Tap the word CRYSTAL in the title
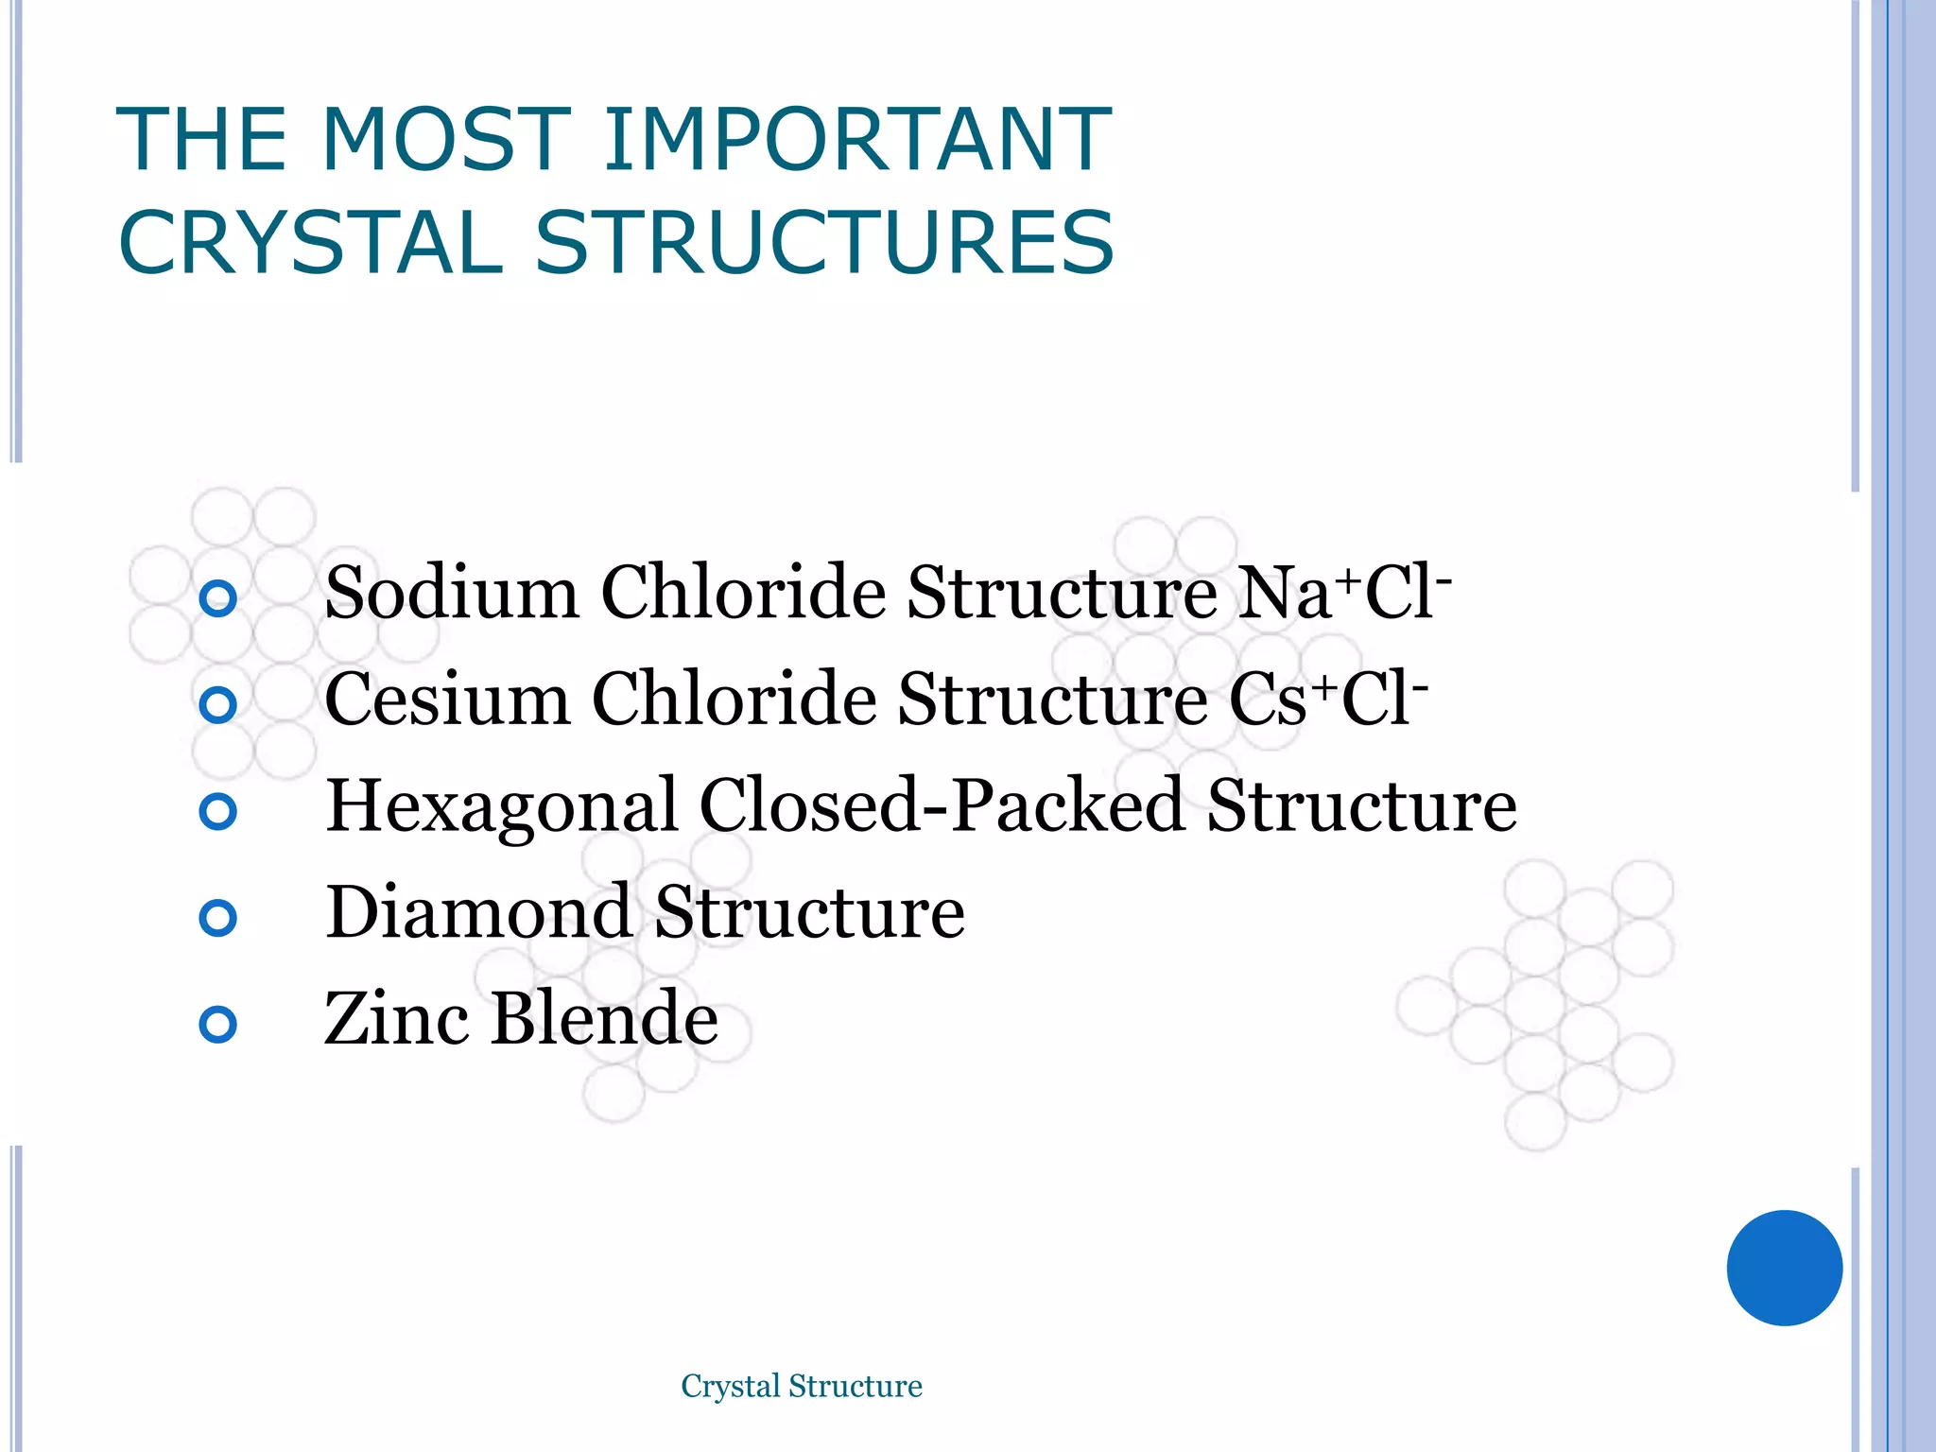pos(311,243)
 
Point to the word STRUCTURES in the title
pos(825,243)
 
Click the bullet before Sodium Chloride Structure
pos(218,598)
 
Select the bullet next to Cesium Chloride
pos(218,704)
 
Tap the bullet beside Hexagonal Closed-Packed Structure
pos(218,811)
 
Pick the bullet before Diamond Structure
pos(218,918)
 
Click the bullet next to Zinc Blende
pos(218,1025)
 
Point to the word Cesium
pos(447,700)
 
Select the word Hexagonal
pos(501,806)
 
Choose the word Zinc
pos(396,1019)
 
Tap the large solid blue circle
pos(1784,1268)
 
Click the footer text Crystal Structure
pos(802,1386)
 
